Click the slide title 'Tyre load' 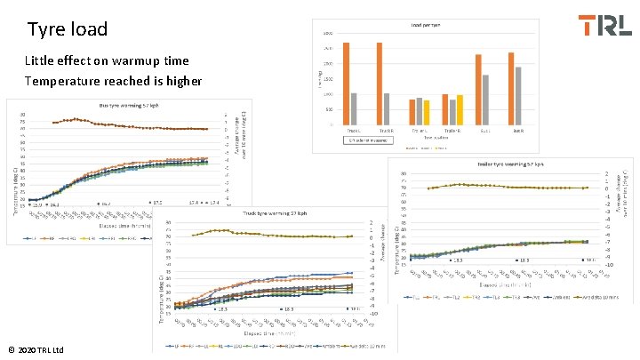(x=68, y=29)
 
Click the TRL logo (x=604, y=25)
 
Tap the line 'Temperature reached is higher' (x=113, y=81)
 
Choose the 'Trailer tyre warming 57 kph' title (x=505, y=164)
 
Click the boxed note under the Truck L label (x=368, y=140)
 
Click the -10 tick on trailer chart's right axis (x=609, y=264)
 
